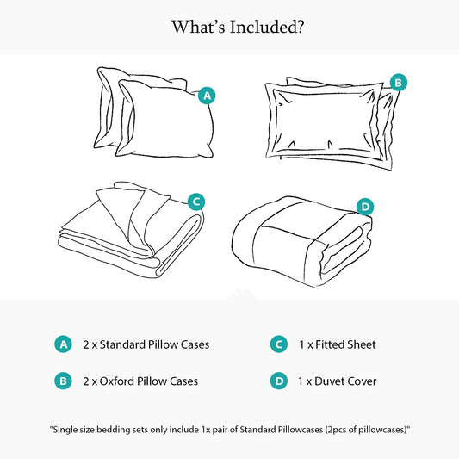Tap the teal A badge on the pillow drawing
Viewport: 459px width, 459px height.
(206, 96)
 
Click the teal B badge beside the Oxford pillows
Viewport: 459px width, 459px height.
(398, 83)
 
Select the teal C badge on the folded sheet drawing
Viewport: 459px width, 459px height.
(196, 202)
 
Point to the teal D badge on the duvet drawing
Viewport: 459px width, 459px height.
(365, 207)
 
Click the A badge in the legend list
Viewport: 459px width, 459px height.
(62, 344)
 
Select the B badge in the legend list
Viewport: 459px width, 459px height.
(62, 381)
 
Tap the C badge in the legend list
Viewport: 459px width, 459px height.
(278, 344)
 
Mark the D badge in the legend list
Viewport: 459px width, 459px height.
(278, 381)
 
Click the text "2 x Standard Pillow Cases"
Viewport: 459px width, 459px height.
(146, 344)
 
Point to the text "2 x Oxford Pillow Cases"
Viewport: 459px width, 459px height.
(140, 381)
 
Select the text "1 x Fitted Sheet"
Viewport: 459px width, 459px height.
(338, 344)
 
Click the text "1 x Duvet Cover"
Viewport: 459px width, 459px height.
(338, 381)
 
